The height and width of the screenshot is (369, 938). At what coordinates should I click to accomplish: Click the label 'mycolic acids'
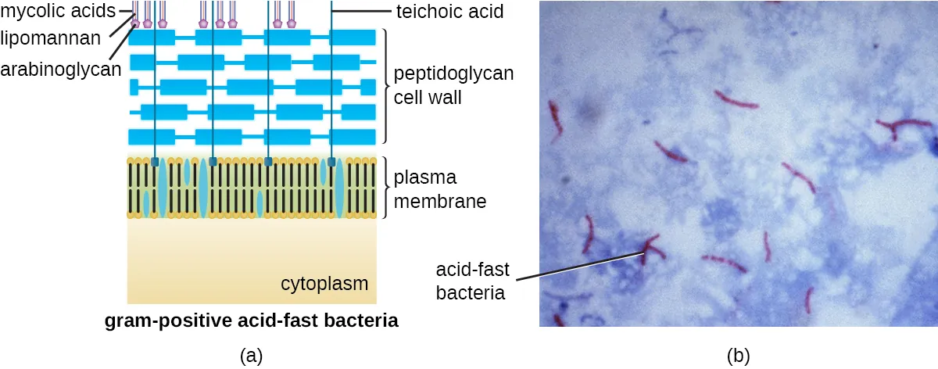point(58,11)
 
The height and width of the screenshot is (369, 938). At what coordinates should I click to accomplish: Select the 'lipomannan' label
point(50,38)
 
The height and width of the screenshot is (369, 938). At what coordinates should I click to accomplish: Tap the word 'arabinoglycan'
point(61,70)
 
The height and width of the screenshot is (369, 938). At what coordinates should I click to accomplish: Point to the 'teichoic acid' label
point(449,11)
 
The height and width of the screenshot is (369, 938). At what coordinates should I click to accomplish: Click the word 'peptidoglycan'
point(453,73)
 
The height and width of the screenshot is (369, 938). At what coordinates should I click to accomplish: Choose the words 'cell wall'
point(428,98)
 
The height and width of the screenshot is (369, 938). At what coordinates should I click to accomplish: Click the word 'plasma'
point(425,178)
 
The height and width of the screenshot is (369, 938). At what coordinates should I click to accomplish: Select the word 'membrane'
point(440,202)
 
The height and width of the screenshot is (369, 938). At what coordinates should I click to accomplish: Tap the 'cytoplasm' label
point(324,284)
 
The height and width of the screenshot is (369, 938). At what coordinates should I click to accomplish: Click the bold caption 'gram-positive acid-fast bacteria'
point(251,321)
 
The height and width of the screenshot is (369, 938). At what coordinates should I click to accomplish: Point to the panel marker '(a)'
point(251,356)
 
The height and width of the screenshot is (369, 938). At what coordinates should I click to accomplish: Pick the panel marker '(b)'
point(738,356)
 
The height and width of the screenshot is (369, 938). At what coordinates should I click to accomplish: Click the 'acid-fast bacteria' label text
point(472,281)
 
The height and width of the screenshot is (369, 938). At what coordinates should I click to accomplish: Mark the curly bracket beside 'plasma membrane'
point(385,188)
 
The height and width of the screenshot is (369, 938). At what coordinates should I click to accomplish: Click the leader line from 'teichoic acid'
point(361,11)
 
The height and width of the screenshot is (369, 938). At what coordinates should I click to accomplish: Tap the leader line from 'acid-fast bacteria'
point(580,267)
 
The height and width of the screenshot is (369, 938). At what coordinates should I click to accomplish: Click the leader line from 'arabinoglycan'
point(121,42)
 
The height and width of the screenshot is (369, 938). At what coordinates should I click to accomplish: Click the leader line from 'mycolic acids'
point(126,11)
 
